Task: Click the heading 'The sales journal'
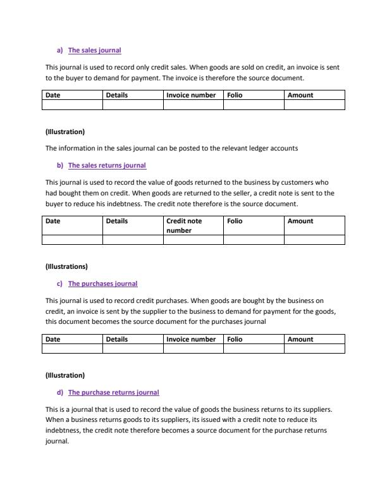click(94, 50)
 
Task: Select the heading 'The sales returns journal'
click(107, 165)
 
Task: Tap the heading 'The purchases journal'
click(102, 283)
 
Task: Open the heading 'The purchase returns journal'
click(113, 392)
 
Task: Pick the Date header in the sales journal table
click(53, 95)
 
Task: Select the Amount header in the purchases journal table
click(300, 339)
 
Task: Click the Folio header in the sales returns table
click(235, 221)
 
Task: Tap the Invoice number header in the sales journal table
click(190, 95)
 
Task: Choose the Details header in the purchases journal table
click(117, 339)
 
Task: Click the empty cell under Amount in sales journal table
click(314, 105)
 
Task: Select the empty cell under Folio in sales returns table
click(253, 240)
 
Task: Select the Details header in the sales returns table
click(117, 221)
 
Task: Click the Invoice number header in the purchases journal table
click(190, 339)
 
